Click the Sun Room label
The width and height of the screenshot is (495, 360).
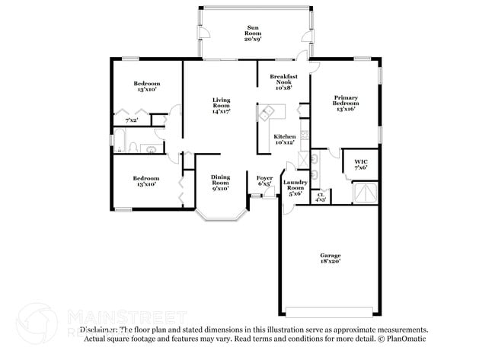[x=252, y=33]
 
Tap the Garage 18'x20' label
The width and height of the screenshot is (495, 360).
[x=330, y=258]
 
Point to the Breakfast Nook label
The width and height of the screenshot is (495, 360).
[x=283, y=81]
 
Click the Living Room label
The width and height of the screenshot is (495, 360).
[x=221, y=106]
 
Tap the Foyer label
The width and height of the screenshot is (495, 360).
[x=264, y=180]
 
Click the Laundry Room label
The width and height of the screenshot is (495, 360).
[x=295, y=187]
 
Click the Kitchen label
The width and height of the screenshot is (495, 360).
[x=285, y=139]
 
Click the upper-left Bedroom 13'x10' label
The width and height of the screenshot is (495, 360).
[x=147, y=86]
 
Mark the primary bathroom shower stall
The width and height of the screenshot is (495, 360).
[x=366, y=193]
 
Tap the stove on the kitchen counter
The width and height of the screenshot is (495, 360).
[x=304, y=137]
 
